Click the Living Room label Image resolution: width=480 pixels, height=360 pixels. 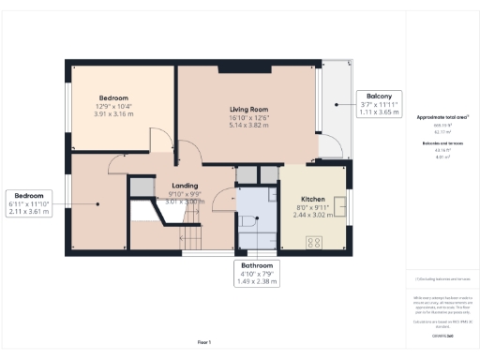pyautogui.click(x=249, y=110)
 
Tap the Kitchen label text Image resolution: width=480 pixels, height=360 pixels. pyautogui.click(x=311, y=200)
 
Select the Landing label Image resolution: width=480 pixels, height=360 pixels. pyautogui.click(x=184, y=186)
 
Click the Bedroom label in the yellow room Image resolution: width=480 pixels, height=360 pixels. pyautogui.click(x=117, y=97)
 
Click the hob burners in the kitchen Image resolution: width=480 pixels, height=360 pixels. pyautogui.click(x=314, y=241)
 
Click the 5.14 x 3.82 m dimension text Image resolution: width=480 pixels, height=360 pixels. pyautogui.click(x=249, y=125)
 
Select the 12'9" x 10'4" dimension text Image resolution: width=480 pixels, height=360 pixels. pyautogui.click(x=117, y=106)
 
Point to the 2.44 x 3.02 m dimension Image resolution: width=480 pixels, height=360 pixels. pyautogui.click(x=311, y=215)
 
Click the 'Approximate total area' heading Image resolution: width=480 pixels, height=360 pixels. pyautogui.click(x=442, y=117)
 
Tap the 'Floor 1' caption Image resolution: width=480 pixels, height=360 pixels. pyautogui.click(x=204, y=342)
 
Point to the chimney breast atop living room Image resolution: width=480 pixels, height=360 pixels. pyautogui.click(x=232, y=68)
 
